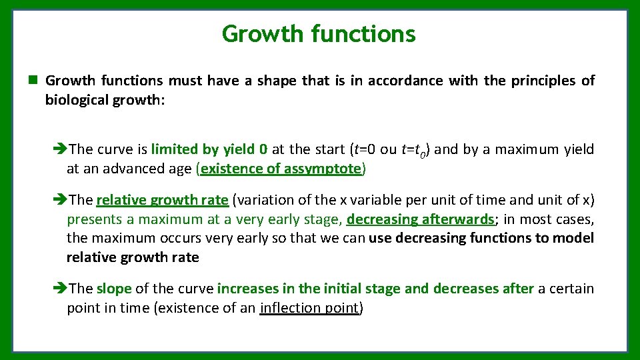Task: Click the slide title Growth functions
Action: (x=319, y=33)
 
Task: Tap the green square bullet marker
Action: (x=31, y=81)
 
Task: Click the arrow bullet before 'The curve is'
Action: (x=59, y=149)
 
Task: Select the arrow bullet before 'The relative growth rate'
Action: (x=59, y=199)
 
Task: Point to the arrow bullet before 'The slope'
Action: (x=59, y=289)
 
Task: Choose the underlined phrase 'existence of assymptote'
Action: (x=281, y=169)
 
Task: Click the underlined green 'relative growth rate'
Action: (x=162, y=199)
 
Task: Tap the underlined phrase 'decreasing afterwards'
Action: (x=419, y=219)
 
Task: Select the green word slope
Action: (x=114, y=289)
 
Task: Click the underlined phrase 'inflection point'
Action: (x=309, y=308)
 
